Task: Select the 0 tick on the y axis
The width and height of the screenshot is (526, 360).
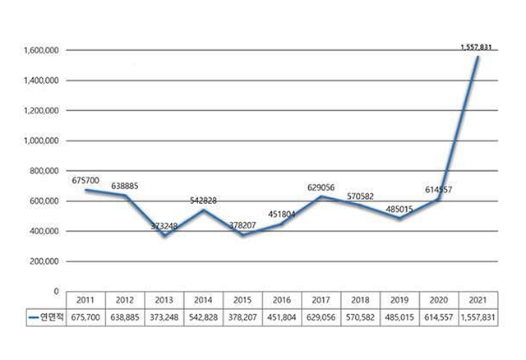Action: click(55, 292)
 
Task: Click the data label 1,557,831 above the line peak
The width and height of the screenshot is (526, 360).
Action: click(480, 48)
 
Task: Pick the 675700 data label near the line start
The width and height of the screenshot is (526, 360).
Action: click(88, 178)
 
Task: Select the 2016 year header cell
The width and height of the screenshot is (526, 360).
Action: click(283, 301)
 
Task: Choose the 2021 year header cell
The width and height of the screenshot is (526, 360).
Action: click(480, 301)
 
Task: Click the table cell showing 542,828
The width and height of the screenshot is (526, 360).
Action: click(204, 316)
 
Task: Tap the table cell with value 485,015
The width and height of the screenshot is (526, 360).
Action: click(401, 316)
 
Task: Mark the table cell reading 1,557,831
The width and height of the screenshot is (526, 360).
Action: click(480, 316)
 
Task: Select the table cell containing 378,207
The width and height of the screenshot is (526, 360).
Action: click(243, 316)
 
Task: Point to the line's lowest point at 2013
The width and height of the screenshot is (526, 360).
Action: click(164, 235)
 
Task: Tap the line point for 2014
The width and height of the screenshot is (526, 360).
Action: click(204, 210)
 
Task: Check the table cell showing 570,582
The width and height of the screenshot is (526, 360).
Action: click(362, 316)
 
